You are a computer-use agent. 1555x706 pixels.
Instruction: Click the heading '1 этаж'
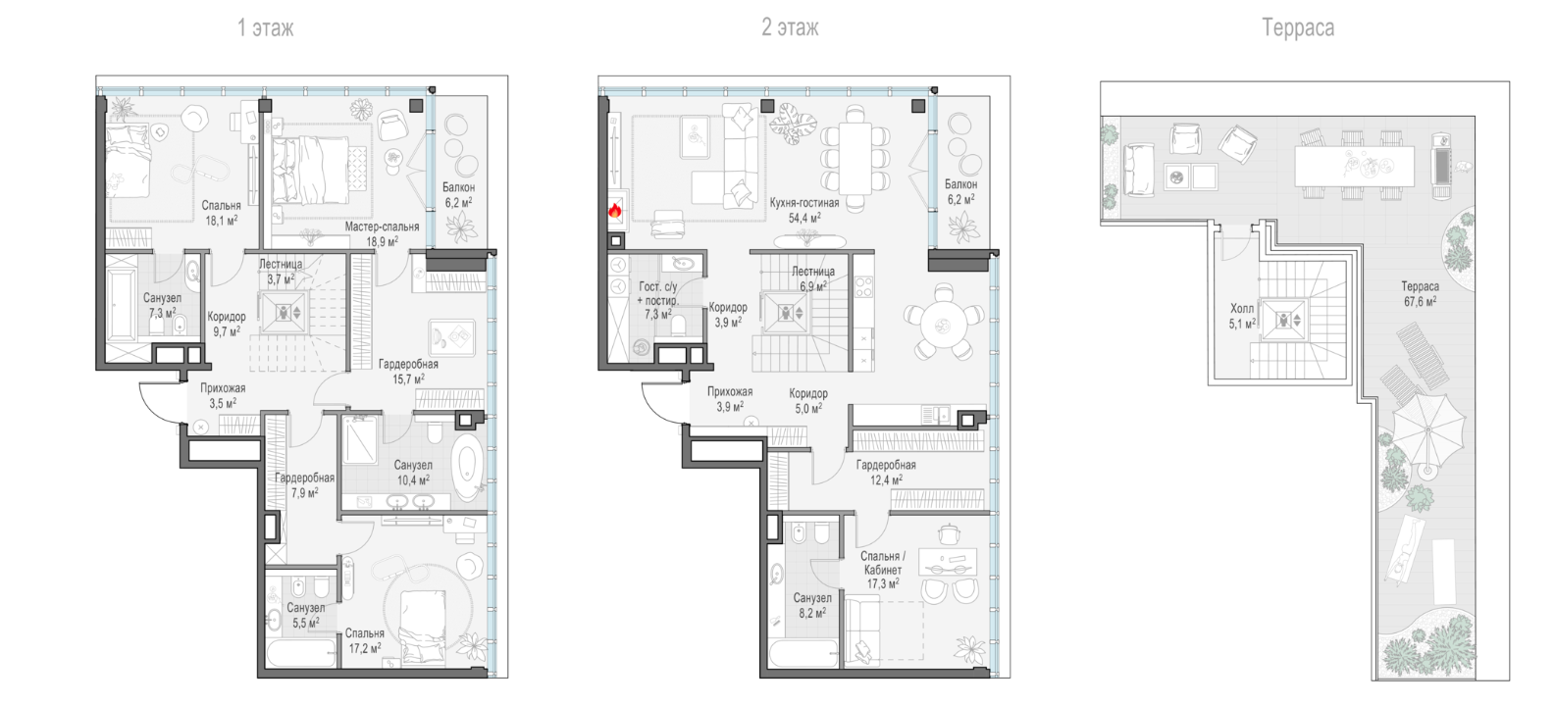tap(265, 27)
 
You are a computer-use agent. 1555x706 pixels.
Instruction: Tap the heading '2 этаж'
tap(790, 27)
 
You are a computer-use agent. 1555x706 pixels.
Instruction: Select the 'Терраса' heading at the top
tap(1297, 27)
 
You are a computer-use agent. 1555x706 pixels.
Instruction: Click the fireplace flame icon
tap(614, 210)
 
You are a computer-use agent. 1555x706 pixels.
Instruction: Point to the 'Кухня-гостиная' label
tap(803, 203)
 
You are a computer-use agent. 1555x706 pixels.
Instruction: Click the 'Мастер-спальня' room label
tap(382, 227)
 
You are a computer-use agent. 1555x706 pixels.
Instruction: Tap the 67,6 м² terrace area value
tap(1420, 302)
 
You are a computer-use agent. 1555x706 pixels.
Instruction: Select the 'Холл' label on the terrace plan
tap(1242, 309)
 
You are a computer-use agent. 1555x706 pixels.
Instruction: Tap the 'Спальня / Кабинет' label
tap(882, 563)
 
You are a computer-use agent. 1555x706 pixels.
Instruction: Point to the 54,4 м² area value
tap(803, 218)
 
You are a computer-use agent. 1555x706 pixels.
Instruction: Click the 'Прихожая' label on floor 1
tap(223, 388)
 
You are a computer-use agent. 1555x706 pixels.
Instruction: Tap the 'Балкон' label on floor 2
tap(960, 184)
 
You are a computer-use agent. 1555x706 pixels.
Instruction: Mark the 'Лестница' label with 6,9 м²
tap(813, 272)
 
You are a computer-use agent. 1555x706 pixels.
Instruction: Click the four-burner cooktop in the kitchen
tap(863, 287)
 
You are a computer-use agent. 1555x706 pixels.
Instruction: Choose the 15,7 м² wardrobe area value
tap(408, 379)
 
